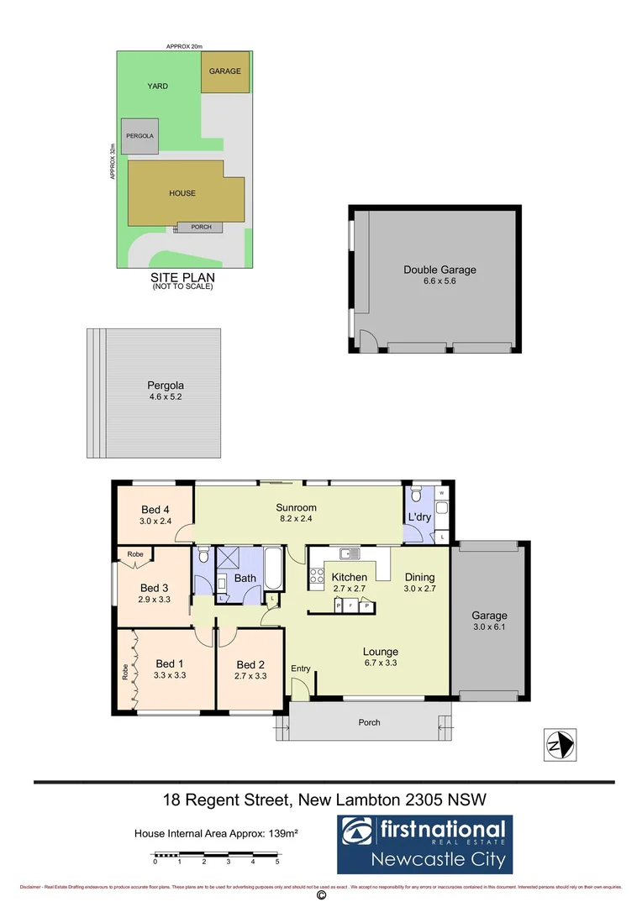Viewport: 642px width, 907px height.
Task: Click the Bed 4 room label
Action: tap(155, 509)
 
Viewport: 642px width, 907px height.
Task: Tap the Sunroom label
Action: tap(297, 507)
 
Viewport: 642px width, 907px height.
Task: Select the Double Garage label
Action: tap(439, 270)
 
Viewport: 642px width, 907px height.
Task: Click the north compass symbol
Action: tap(559, 744)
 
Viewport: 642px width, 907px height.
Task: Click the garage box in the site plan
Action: tap(225, 71)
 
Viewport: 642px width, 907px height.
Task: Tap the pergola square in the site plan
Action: tap(139, 135)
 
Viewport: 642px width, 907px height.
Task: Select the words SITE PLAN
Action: tap(182, 277)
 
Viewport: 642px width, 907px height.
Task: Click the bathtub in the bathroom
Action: tap(275, 569)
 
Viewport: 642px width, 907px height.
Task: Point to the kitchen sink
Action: tap(349, 553)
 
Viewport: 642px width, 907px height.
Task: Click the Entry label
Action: tap(301, 668)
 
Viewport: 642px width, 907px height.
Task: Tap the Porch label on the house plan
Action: tap(369, 722)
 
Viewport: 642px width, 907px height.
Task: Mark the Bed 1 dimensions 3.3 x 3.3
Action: tap(169, 674)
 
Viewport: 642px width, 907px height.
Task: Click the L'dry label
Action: tap(419, 516)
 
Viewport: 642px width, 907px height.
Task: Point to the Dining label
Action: tap(419, 577)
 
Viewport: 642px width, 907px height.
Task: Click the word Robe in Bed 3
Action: tap(134, 555)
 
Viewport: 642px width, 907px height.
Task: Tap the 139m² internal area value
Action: tap(284, 834)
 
